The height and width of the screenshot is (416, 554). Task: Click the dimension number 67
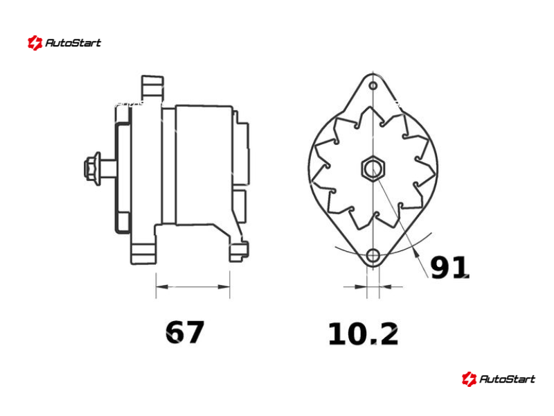point(184,332)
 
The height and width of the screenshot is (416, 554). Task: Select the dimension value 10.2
point(363,334)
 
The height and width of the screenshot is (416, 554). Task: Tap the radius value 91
point(449,268)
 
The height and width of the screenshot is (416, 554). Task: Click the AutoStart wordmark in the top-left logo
point(73,43)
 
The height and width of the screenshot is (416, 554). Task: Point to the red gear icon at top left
point(35,43)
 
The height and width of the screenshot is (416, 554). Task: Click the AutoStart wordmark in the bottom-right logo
point(507,379)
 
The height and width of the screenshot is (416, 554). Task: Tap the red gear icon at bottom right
point(469,379)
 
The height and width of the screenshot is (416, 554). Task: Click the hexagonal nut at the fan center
point(373,168)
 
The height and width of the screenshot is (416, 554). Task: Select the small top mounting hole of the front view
point(373,85)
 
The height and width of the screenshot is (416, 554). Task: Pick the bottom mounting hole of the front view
point(373,255)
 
